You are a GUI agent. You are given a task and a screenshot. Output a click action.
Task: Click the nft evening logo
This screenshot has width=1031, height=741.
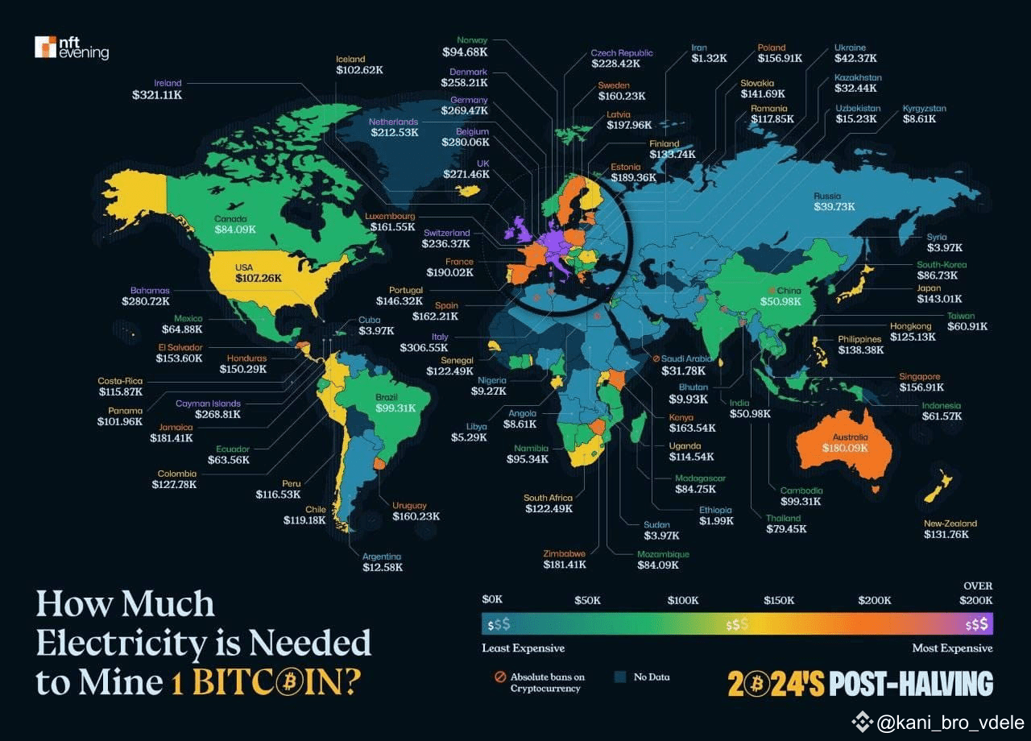[71, 48]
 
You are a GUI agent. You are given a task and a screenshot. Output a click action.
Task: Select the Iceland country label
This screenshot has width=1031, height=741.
[350, 59]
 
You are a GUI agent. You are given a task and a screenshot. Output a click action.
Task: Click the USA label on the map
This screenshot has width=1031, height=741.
[244, 267]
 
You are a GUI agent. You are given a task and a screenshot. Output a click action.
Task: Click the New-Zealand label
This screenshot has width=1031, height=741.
[950, 524]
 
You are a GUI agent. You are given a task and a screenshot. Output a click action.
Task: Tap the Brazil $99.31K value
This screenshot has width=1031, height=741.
[395, 408]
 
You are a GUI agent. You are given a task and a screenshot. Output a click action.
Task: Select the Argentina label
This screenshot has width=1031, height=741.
[382, 557]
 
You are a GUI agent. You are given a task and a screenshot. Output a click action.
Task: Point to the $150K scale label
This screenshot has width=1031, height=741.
[779, 601]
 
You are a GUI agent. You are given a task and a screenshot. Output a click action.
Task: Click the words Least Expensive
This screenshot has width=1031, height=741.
[523, 648]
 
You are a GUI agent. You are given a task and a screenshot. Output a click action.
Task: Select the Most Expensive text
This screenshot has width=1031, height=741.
[952, 648]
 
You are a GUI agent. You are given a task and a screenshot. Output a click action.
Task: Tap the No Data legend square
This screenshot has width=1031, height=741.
[620, 677]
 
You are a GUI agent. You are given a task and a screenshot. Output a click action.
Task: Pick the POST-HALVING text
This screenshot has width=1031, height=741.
[910, 684]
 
